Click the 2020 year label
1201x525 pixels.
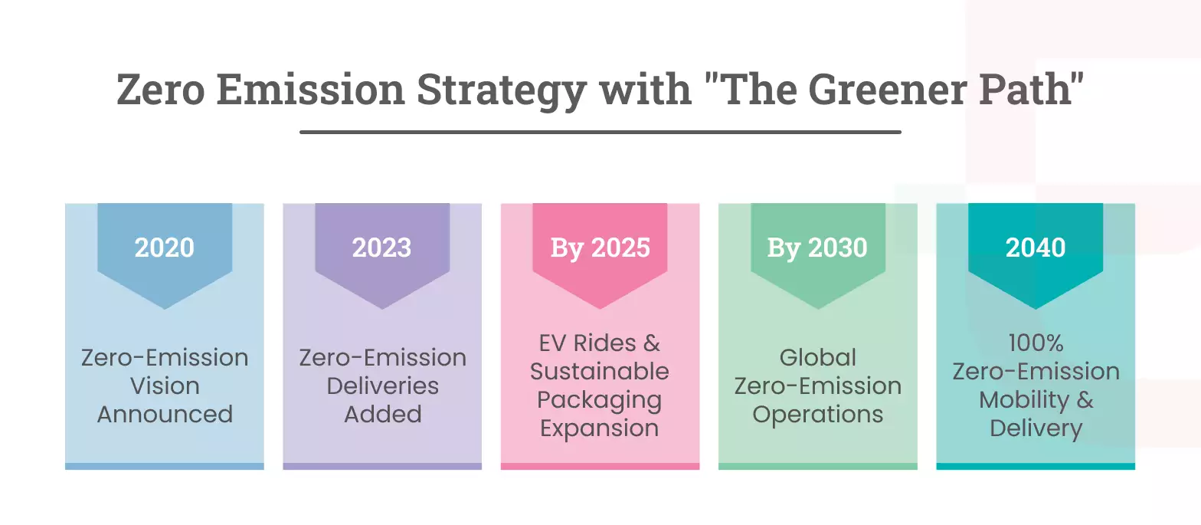pos(165,248)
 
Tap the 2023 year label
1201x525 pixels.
pos(382,248)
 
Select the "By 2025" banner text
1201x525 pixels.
pos(600,248)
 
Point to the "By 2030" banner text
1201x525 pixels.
pos(817,248)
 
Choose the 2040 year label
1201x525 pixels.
pos(1036,248)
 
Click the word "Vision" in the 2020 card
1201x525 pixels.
pos(165,386)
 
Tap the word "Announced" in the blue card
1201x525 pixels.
pos(165,414)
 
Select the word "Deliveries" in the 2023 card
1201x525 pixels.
pos(382,386)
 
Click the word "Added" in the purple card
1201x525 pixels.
pos(382,414)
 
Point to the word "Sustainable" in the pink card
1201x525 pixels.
pos(600,371)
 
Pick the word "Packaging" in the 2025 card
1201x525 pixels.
pos(600,400)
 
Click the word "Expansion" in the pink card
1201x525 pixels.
pos(600,428)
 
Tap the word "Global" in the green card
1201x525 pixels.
pos(817,357)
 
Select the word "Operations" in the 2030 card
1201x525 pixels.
pos(817,414)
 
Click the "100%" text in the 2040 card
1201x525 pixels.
pos(1036,343)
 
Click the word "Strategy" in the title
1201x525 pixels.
pos(499,90)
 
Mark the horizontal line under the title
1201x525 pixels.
pos(600,132)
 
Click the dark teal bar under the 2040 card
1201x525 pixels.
pos(1036,466)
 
